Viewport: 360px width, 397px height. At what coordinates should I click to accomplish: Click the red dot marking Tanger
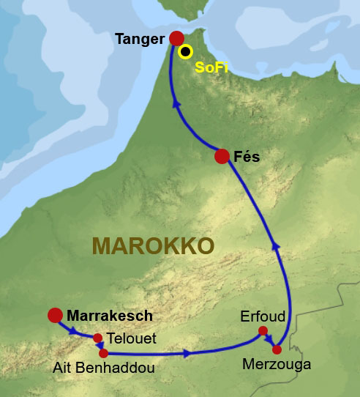pos(176,38)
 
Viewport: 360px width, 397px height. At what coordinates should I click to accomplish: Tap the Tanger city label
pos(140,39)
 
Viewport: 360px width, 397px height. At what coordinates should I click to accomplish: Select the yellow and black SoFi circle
pos(186,51)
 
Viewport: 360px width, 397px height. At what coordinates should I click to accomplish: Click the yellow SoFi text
pos(210,67)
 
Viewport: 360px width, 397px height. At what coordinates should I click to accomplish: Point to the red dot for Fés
pos(222,156)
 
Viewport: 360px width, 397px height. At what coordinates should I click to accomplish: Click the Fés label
pos(247,156)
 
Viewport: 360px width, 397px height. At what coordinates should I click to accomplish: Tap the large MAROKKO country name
pos(152,245)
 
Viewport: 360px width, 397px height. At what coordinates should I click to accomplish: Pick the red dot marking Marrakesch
pos(54,316)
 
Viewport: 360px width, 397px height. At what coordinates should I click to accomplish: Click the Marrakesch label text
pos(110,316)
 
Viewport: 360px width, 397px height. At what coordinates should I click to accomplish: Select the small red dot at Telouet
pos(98,338)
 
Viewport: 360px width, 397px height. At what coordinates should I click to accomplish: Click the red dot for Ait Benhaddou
pos(104,353)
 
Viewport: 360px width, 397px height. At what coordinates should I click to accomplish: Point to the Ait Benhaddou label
pos(104,368)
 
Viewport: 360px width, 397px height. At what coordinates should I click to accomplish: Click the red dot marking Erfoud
pos(263,331)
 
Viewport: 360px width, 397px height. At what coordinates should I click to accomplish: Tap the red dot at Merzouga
pos(277,349)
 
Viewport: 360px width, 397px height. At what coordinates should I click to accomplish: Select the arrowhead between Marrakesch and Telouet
pos(74,330)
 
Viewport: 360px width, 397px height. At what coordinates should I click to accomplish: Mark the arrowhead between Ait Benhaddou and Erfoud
pos(188,354)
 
